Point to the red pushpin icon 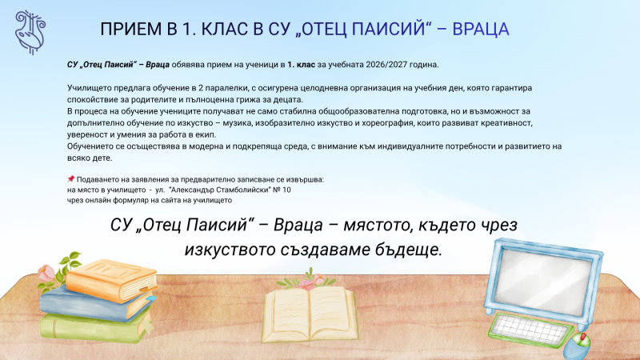(x=71, y=178)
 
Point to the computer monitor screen (x=545, y=271)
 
